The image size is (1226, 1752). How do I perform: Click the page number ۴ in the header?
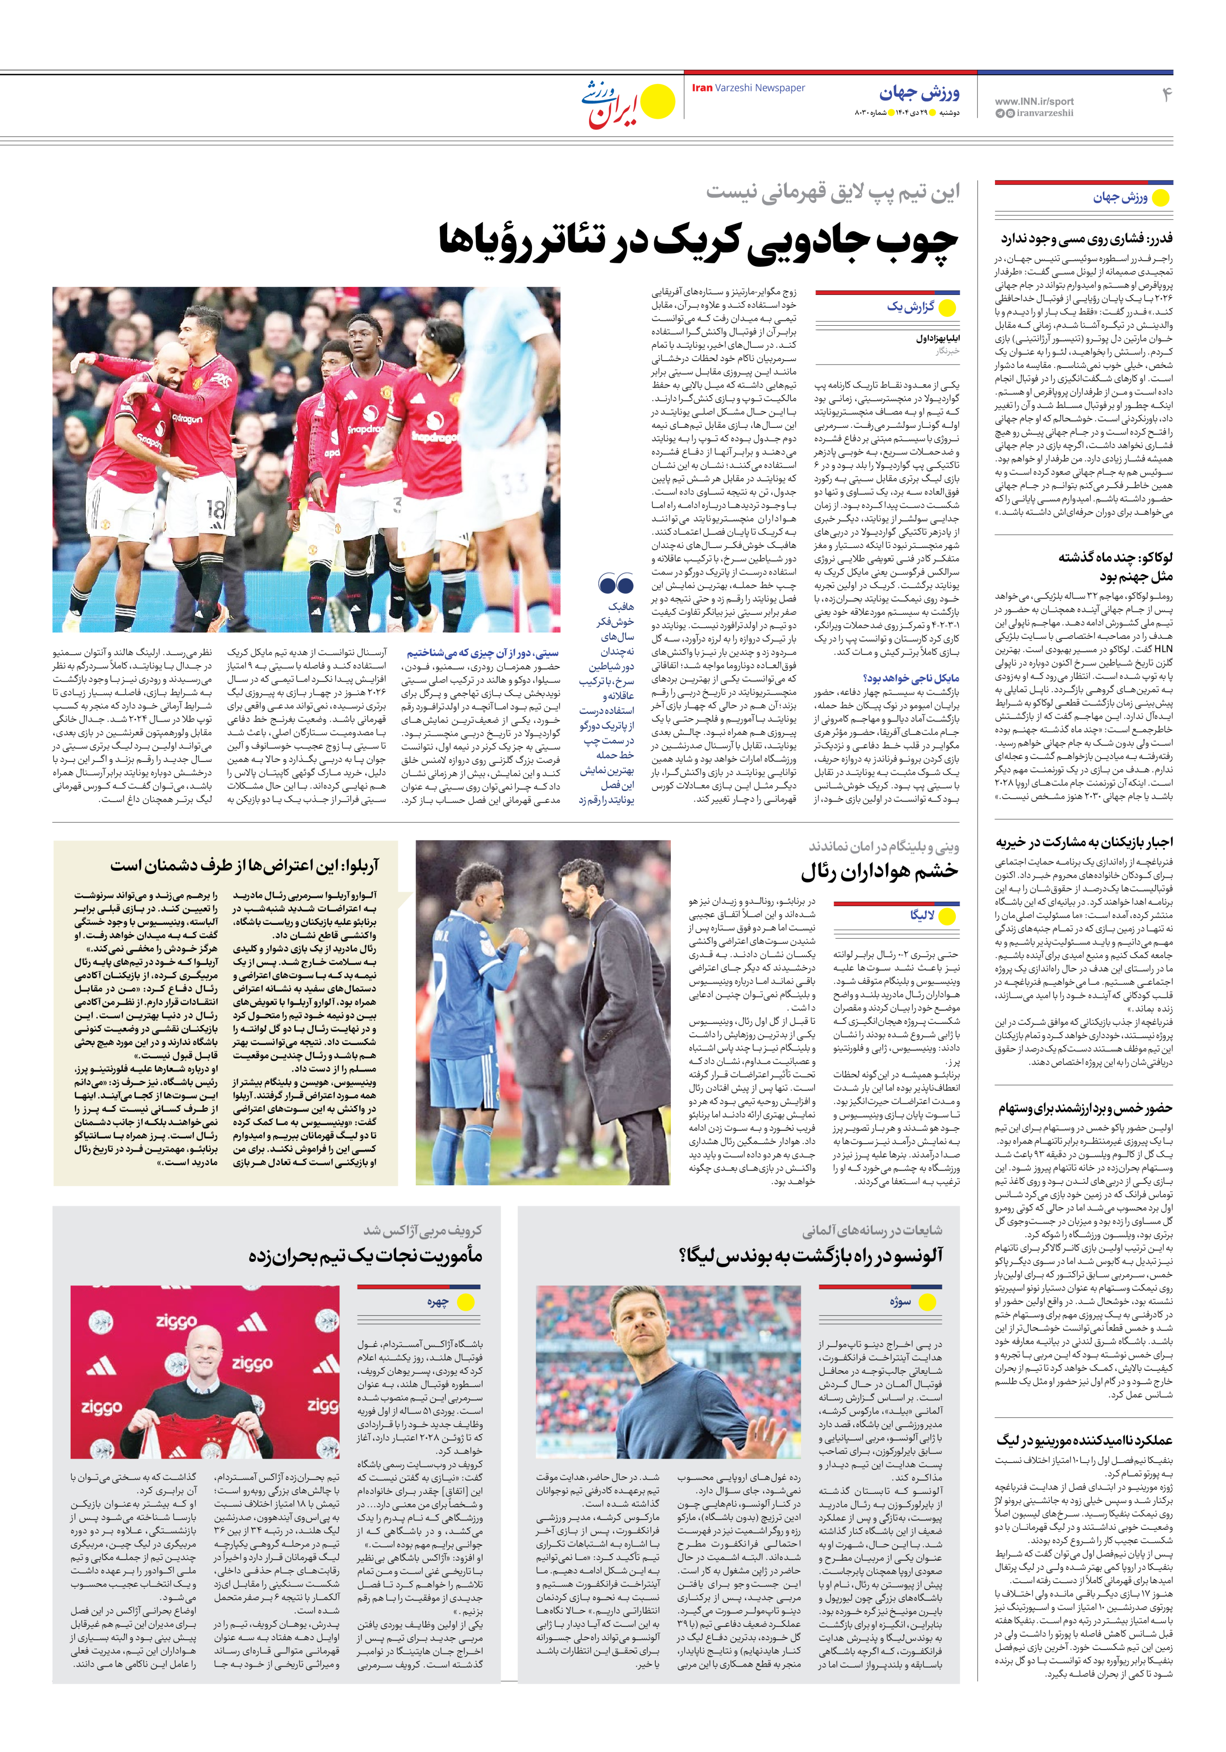pyautogui.click(x=1166, y=95)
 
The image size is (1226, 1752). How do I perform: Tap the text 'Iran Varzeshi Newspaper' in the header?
pyautogui.click(x=748, y=88)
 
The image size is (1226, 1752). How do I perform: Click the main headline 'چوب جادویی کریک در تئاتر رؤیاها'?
pyautogui.click(x=697, y=241)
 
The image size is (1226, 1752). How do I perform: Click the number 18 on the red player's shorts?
pyautogui.click(x=217, y=509)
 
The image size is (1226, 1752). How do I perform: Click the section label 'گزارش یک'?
pyautogui.click(x=910, y=307)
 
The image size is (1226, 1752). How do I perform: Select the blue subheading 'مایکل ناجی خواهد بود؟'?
pyautogui.click(x=911, y=678)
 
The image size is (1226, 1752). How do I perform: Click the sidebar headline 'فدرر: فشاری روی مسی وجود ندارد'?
pyautogui.click(x=1086, y=239)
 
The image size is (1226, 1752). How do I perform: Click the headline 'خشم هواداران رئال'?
pyautogui.click(x=879, y=871)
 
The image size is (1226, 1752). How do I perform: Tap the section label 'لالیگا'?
pyautogui.click(x=922, y=915)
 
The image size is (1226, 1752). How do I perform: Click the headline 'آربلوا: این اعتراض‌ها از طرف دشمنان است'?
pyautogui.click(x=244, y=866)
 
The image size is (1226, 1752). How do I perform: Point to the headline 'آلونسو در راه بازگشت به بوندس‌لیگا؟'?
pyautogui.click(x=810, y=1255)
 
